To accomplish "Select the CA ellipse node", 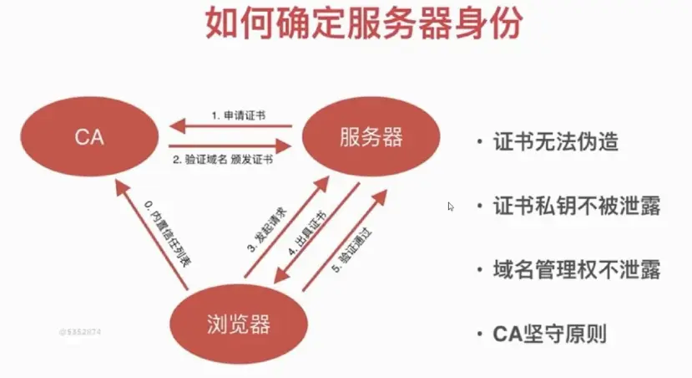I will [x=89, y=137].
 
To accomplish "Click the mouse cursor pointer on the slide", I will [x=451, y=206].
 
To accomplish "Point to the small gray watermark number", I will [x=80, y=332].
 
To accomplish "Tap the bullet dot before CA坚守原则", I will [x=479, y=335].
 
